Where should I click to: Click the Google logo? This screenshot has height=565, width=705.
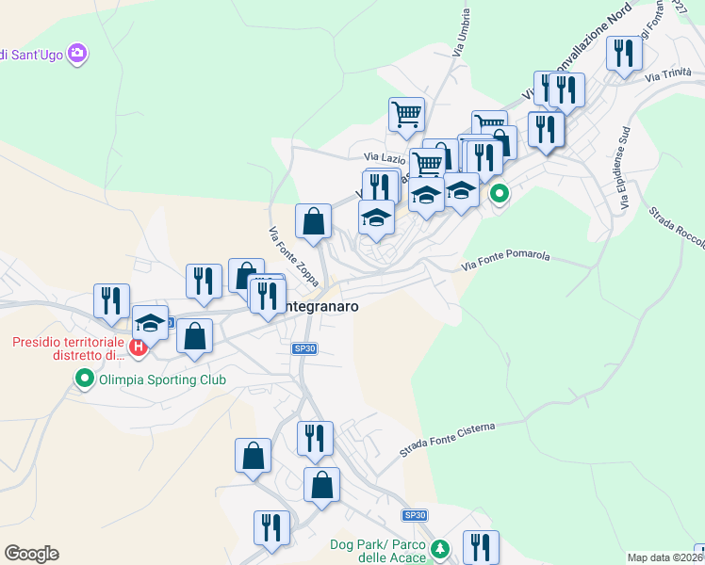coord(31,554)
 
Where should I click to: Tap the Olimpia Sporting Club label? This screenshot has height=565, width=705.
coord(159,379)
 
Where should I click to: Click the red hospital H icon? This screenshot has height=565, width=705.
coord(139,347)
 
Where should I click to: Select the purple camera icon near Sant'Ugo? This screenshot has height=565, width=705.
coord(78,54)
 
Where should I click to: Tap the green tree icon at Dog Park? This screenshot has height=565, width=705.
coord(438,547)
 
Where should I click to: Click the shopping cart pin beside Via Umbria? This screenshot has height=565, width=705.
coord(406,114)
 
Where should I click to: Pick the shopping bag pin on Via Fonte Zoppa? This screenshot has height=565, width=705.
coord(314,221)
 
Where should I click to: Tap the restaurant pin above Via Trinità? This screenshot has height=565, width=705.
coord(624,53)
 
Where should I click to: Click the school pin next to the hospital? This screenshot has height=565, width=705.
coord(150,323)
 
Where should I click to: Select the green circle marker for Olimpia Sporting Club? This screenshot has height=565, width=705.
coord(84,379)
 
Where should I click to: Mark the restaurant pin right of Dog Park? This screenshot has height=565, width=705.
coord(481,547)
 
